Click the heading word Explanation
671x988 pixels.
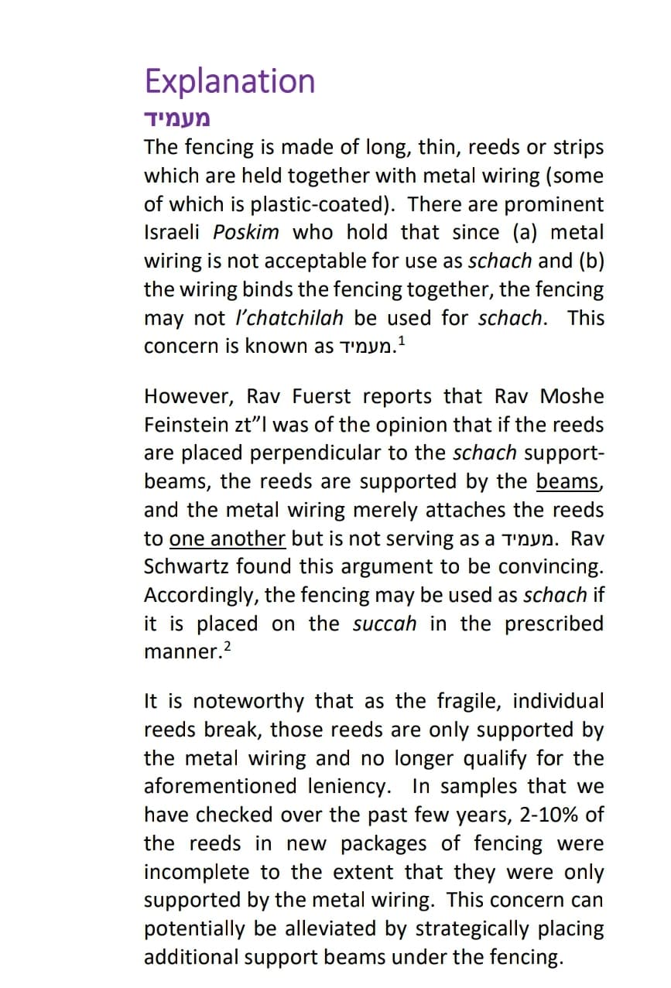coord(230,81)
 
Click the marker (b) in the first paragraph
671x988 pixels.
coord(587,261)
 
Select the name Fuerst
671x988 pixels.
coord(320,397)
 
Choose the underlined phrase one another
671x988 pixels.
coord(228,538)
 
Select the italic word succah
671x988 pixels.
coord(385,624)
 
